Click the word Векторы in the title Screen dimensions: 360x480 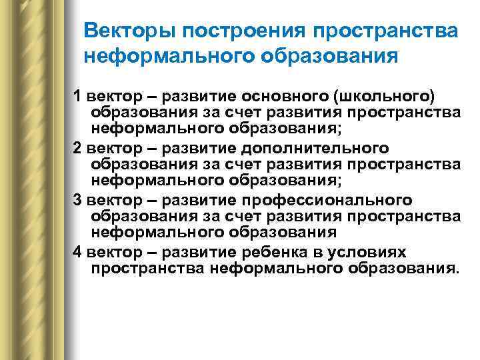(127, 31)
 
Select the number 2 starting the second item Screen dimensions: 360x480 (77, 148)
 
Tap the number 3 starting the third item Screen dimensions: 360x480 (77, 200)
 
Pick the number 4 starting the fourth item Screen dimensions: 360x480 (77, 253)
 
